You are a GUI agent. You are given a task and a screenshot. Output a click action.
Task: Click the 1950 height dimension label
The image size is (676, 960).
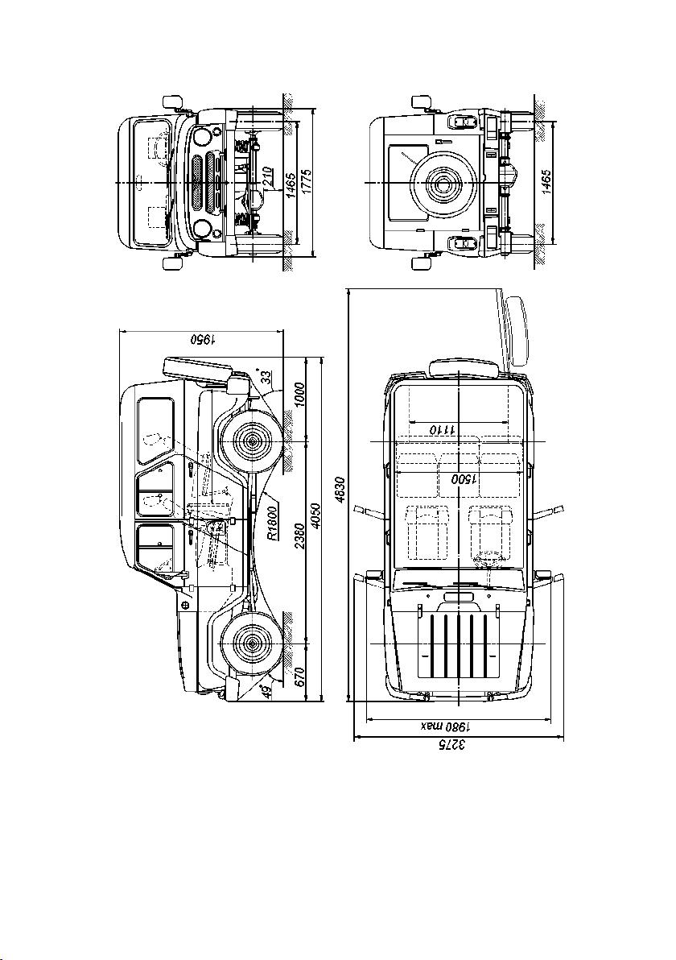(x=202, y=339)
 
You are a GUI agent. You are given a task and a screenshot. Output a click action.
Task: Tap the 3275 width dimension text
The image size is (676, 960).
(x=453, y=745)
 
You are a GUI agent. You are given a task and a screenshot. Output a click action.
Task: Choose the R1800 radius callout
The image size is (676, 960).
(x=273, y=521)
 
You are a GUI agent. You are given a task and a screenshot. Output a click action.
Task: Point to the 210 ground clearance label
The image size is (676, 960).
(x=266, y=177)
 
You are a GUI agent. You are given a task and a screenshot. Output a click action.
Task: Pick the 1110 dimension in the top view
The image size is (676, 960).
(x=442, y=429)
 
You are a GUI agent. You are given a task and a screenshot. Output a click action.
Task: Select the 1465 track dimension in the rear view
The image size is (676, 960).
(x=547, y=182)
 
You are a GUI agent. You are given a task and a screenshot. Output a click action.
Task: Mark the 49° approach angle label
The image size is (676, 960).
(x=266, y=692)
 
